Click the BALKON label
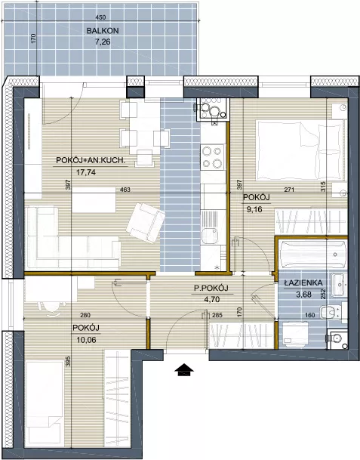coord(103,30)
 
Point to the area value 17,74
coord(86,172)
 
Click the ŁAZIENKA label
coord(303,282)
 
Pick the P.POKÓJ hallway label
coord(211,289)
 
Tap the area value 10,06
coord(86,340)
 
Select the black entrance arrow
coord(184,369)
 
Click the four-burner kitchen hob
coord(213,156)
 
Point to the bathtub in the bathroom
coord(312,254)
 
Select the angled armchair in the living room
coord(146,223)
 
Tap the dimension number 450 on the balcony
coord(100,17)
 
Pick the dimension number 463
coord(125,190)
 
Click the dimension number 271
coord(289,190)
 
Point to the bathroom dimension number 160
coord(310,316)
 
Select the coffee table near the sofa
coord(94,200)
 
